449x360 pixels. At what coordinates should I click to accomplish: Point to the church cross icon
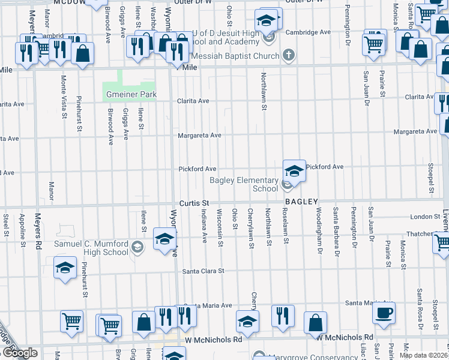289,56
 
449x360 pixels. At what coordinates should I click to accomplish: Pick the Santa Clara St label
203,271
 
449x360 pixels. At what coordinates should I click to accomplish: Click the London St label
409,217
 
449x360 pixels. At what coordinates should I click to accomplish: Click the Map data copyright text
423,355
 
